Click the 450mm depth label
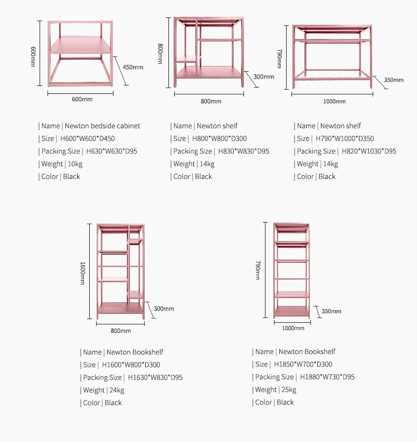click(132, 67)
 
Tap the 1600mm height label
click(82, 273)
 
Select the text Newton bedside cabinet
click(102, 126)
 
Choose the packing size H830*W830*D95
click(244, 151)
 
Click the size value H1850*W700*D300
click(303, 364)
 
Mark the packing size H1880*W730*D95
click(327, 377)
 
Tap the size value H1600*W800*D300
click(131, 365)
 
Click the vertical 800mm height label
click(160, 53)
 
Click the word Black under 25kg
click(285, 402)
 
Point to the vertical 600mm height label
click(33, 56)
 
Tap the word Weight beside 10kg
click(52, 164)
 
